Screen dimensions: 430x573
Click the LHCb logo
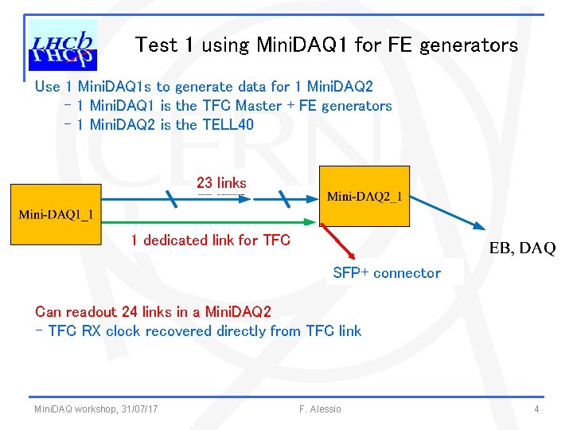62,45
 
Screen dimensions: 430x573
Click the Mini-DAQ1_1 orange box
56,213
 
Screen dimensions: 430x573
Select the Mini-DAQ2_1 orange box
364,196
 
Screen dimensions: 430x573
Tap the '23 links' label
221,183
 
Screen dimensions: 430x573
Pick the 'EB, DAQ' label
522,248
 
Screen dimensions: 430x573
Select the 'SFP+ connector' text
386,273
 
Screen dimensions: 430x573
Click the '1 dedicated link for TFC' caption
210,240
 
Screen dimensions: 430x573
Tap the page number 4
537,409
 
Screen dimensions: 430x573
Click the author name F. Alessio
320,409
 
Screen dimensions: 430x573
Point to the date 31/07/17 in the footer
139,409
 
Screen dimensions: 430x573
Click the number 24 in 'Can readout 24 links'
127,311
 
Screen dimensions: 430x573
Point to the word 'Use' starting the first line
48,87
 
